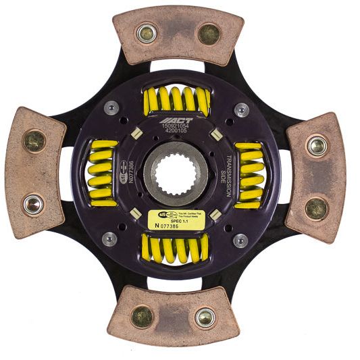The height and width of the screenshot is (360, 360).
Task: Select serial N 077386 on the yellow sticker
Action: point(171,228)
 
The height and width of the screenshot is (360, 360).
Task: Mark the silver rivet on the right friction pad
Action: point(316,145)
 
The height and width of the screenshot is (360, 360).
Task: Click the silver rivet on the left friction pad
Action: point(32,203)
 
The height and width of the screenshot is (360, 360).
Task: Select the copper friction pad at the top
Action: point(178,34)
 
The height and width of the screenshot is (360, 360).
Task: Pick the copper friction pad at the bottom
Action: point(174,315)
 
